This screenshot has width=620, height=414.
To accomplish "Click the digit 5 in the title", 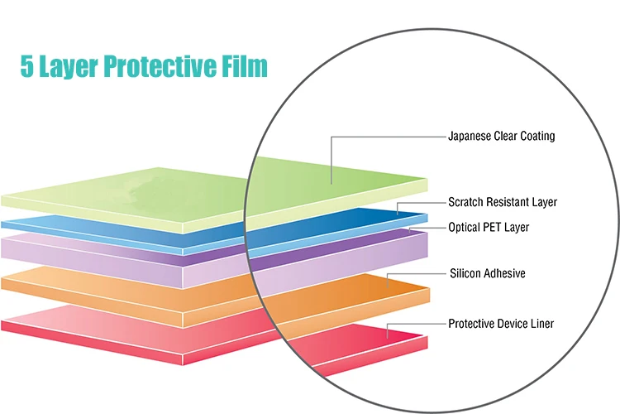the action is [26, 67].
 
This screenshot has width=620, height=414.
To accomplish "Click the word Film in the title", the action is [246, 67].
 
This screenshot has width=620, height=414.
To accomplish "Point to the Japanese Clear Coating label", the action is [501, 137].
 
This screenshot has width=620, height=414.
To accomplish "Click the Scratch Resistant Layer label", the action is [503, 202].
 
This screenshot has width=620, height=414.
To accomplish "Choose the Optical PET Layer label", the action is [489, 227].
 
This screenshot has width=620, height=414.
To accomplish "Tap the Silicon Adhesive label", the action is [487, 273].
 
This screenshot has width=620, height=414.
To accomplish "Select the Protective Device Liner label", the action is [501, 324].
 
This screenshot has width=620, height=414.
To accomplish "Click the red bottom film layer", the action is [165, 331].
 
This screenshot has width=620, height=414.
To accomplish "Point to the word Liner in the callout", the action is [541, 324].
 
